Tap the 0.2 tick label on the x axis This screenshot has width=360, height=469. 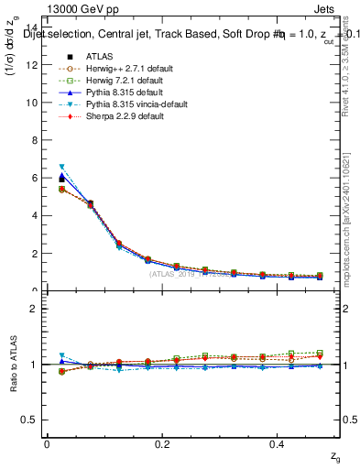tap(162, 443)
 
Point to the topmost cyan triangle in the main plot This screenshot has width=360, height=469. tap(62, 167)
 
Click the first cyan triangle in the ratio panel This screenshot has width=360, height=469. tap(62, 355)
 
